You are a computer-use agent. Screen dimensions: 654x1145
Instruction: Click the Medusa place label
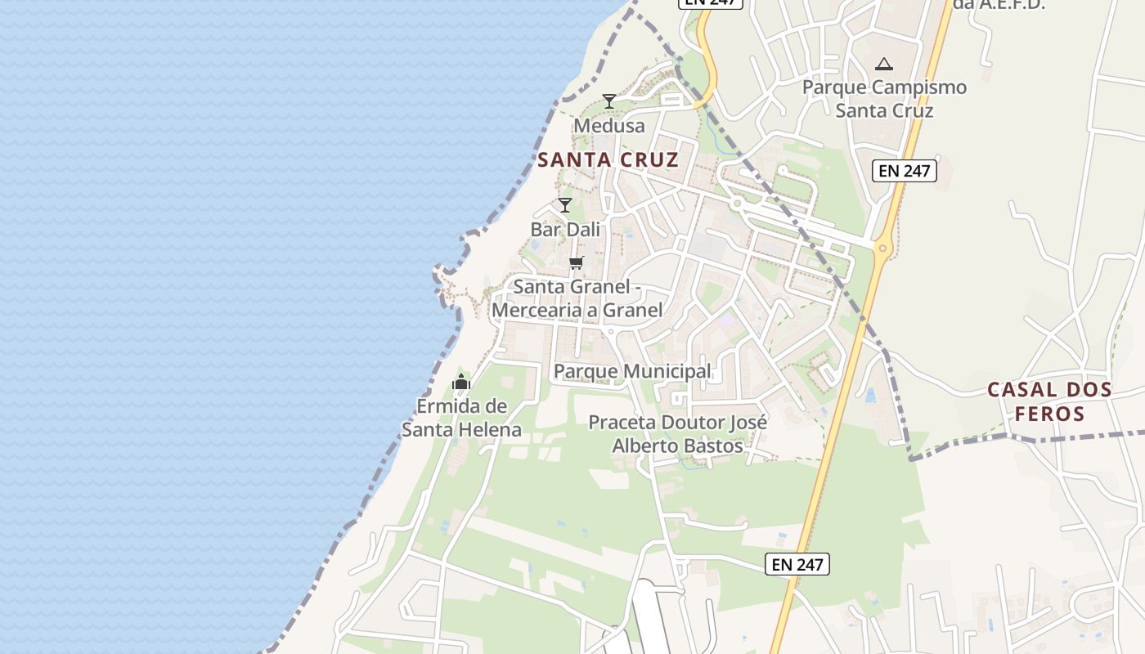click(608, 126)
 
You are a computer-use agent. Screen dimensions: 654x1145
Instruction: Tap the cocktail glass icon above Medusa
click(608, 101)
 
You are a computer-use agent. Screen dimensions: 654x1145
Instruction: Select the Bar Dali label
click(565, 230)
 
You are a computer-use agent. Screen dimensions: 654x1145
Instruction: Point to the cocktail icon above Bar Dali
click(564, 204)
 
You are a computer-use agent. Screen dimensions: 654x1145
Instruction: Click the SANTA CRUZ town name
click(608, 159)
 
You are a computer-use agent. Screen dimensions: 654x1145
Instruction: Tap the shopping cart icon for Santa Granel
click(577, 262)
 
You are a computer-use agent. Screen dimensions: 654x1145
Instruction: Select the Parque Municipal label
click(632, 371)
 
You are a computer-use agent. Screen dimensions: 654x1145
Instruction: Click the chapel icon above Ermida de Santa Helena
click(461, 382)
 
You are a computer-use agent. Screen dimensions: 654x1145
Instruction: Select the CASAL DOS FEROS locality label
click(1050, 401)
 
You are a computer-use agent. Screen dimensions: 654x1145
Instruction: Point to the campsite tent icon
click(883, 64)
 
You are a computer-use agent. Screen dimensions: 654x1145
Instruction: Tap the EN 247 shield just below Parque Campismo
click(904, 171)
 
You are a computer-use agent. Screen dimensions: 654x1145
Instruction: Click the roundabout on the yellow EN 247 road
click(882, 247)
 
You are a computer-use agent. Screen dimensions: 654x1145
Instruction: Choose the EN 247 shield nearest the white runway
click(797, 564)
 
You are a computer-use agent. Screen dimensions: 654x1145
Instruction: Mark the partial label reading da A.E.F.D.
click(999, 5)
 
